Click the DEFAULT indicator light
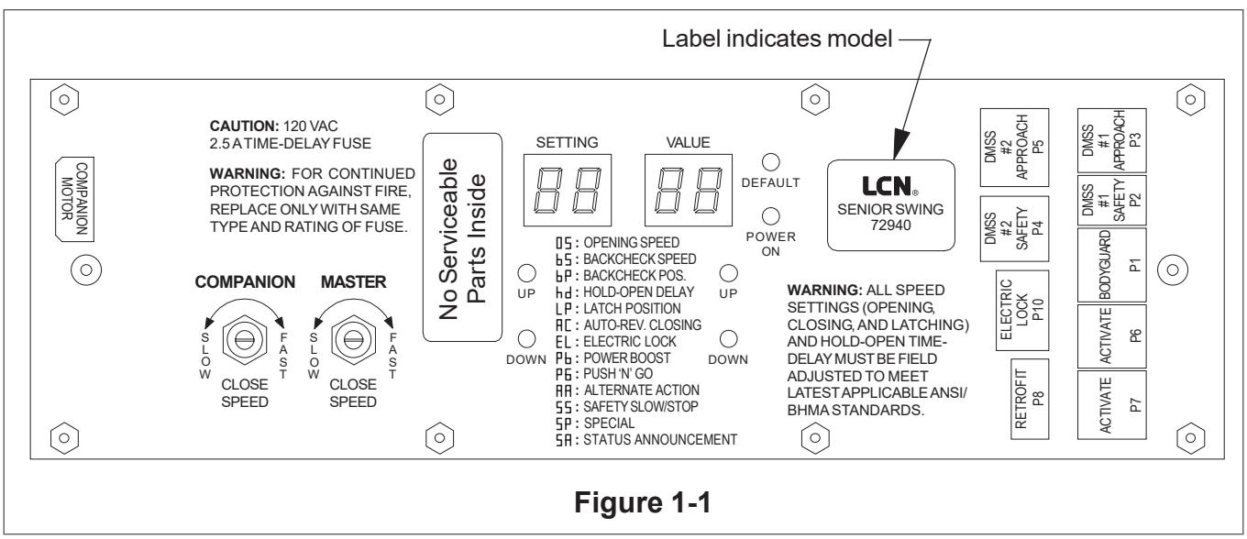pyautogui.click(x=770, y=162)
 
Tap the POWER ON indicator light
pyautogui.click(x=770, y=216)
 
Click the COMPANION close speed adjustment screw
pyautogui.click(x=245, y=340)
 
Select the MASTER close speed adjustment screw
pyautogui.click(x=353, y=340)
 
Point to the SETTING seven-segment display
pyautogui.click(x=568, y=190)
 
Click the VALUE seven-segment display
pyautogui.click(x=688, y=190)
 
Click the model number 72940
pyautogui.click(x=890, y=225)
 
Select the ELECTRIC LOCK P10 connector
pyautogui.click(x=1022, y=310)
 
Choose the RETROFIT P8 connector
pyautogui.click(x=1030, y=399)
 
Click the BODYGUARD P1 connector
pyautogui.click(x=1111, y=265)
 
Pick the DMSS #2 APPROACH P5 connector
pyautogui.click(x=1014, y=147)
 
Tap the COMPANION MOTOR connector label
pyautogui.click(x=74, y=199)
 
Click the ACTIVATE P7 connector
pyautogui.click(x=1111, y=405)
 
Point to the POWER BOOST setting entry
pyautogui.click(x=612, y=358)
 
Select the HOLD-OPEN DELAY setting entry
pyautogui.click(x=624, y=291)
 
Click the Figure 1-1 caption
pyautogui.click(x=643, y=502)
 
